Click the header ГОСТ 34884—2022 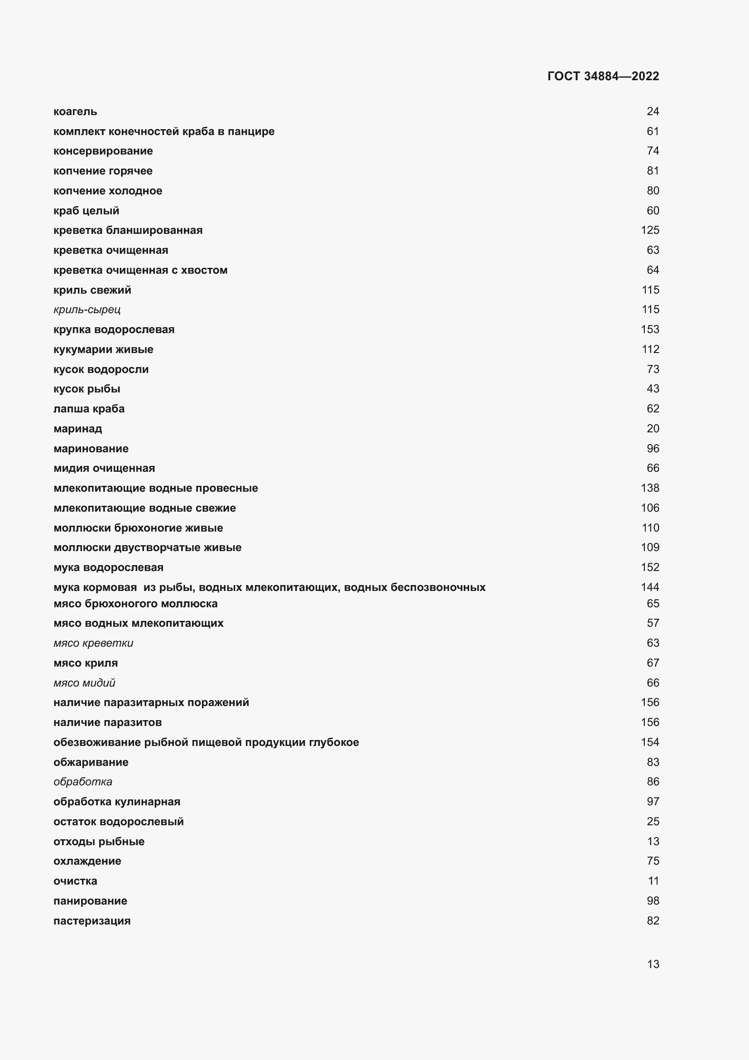[603, 76]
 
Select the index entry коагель [75, 112]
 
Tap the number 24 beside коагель [653, 111]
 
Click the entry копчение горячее [103, 171]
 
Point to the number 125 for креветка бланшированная [650, 230]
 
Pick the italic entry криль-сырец [86, 310]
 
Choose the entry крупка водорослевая [114, 329]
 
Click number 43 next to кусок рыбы [653, 389]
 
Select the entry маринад [77, 428]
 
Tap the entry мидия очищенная [104, 468]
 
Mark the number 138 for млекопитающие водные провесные [650, 488]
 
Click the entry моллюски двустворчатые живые [147, 547]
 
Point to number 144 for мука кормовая [650, 587]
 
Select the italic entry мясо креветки [93, 643]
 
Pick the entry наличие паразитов [107, 722]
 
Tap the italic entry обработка [83, 782]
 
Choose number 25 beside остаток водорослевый [653, 821]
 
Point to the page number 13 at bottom [653, 964]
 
